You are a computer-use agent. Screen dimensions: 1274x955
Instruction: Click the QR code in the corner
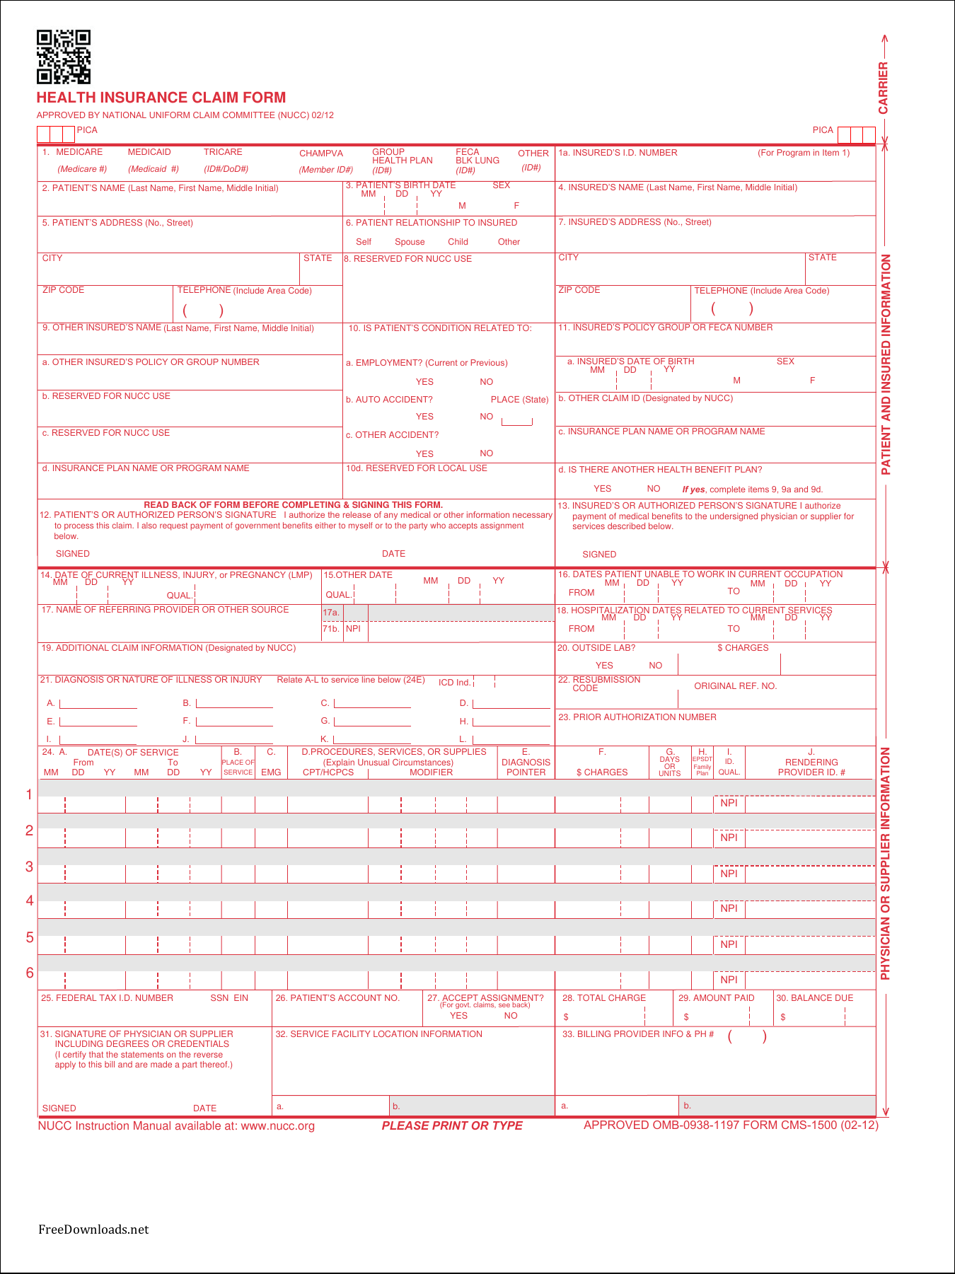(64, 57)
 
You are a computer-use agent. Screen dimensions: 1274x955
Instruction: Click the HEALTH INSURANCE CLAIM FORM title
(161, 98)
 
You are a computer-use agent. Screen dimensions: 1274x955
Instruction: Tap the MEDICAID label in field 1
(149, 152)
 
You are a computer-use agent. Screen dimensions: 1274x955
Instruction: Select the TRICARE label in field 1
(223, 152)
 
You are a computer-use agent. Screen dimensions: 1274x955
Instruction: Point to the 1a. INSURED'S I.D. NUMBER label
(618, 153)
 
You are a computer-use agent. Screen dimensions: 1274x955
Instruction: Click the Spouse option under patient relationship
(410, 242)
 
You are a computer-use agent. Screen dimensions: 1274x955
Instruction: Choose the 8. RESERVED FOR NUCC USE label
(408, 259)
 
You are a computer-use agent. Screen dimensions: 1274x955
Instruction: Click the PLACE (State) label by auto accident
(519, 400)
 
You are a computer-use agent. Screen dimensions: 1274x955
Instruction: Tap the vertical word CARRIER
(883, 88)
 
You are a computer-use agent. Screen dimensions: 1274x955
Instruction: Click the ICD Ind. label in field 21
(454, 683)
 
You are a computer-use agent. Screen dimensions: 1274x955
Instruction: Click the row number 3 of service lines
(29, 867)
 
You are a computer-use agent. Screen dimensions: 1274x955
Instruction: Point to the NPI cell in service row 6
(729, 980)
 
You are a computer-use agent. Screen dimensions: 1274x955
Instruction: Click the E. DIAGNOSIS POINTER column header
(526, 763)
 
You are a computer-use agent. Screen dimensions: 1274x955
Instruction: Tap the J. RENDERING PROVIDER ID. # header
(811, 763)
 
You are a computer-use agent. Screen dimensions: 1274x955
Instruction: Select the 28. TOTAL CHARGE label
(603, 998)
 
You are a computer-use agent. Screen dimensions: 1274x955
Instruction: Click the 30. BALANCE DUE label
(814, 998)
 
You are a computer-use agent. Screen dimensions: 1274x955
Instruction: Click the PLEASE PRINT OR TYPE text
(452, 1125)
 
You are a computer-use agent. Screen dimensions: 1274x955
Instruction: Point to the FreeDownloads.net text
(93, 1229)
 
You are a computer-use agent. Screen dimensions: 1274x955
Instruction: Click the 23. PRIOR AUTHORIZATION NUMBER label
(637, 717)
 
